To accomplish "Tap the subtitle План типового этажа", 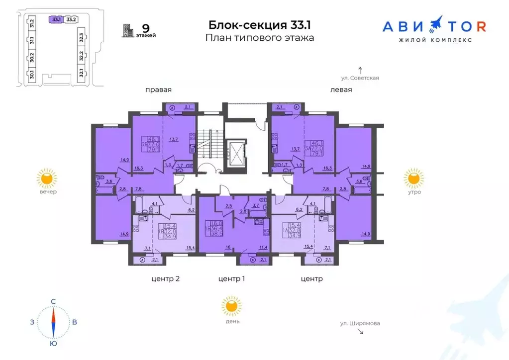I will pyautogui.click(x=260, y=38).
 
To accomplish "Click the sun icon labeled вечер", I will pyautogui.click(x=47, y=179).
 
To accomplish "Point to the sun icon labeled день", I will pyautogui.click(x=231, y=306).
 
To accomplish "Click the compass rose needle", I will pyautogui.click(x=53, y=322).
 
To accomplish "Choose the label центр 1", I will pyautogui.click(x=232, y=279).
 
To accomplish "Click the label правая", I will pyautogui.click(x=158, y=90).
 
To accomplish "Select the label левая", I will pyautogui.click(x=341, y=90).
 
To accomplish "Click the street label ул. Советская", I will pyautogui.click(x=360, y=78).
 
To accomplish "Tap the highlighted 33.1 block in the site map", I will pyautogui.click(x=56, y=19).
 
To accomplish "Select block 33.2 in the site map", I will pyautogui.click(x=71, y=19).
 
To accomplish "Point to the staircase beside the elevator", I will pyautogui.click(x=210, y=144).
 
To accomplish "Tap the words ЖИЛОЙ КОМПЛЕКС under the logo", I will pyautogui.click(x=434, y=40).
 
